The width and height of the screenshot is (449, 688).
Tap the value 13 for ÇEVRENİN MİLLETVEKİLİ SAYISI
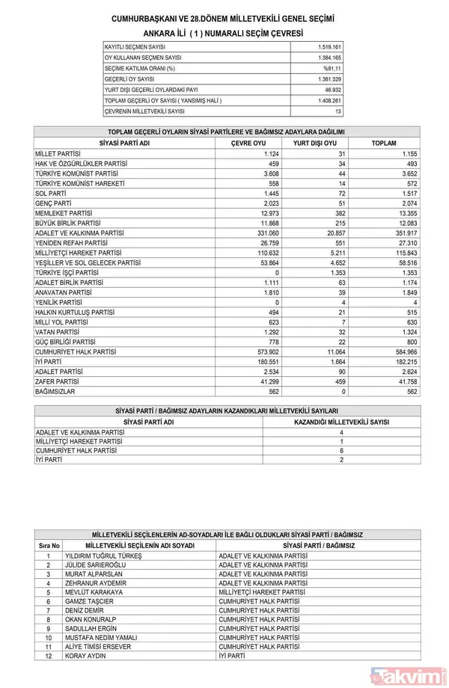[338, 111]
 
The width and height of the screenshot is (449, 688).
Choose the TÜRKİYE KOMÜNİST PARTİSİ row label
[75, 173]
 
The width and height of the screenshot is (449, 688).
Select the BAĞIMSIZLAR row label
[56, 390]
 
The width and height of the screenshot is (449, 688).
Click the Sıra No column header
[49, 546]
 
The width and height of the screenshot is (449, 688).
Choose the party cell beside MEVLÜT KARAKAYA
[260, 592]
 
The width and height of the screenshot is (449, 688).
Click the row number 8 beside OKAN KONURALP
[49, 619]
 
